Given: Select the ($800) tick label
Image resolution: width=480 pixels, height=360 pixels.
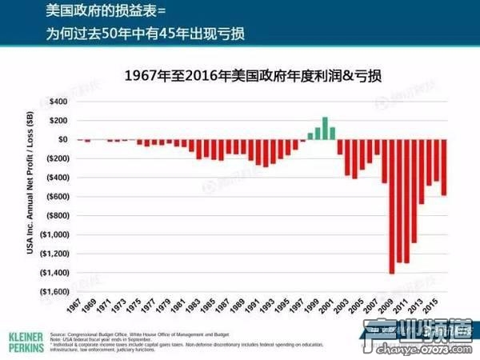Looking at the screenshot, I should [57, 215].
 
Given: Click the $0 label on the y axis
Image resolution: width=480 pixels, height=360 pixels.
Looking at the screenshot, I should [62, 139].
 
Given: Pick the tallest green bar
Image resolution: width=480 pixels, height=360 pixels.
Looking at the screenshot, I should [326, 129].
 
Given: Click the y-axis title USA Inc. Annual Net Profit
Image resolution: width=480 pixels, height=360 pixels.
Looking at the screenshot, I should [32, 196].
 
